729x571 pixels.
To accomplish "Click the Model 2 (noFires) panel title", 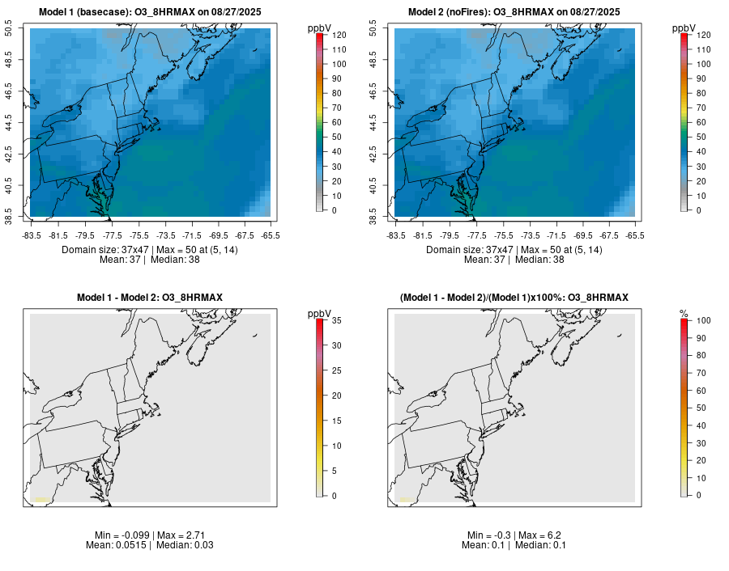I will click(x=514, y=12).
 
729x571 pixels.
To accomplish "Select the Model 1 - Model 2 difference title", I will click(x=149, y=298).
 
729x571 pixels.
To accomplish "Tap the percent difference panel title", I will click(x=514, y=298).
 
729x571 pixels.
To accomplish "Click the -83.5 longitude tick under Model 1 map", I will click(x=32, y=235).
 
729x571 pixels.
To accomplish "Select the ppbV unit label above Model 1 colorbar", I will click(x=320, y=28).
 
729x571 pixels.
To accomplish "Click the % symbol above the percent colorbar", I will click(x=684, y=313).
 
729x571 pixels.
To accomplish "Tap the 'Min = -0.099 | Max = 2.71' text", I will click(x=149, y=535).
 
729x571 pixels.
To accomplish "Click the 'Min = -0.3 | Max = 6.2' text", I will click(x=514, y=535).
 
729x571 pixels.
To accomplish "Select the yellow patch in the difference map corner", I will click(x=40, y=500).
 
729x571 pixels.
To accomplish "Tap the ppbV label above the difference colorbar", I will click(x=320, y=313).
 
